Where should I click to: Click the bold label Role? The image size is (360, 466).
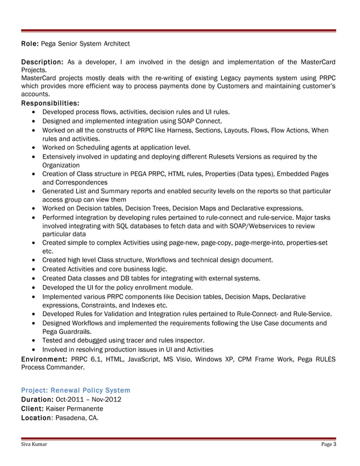tap(30, 43)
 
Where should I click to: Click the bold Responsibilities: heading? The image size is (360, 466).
tap(50, 104)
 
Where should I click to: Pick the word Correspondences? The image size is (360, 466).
tap(80, 183)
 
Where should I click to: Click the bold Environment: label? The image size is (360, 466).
tap(45, 359)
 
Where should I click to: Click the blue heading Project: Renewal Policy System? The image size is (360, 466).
tap(76, 390)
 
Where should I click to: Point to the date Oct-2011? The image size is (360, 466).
tap(73, 400)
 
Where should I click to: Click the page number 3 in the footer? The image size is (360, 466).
tap(335, 445)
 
